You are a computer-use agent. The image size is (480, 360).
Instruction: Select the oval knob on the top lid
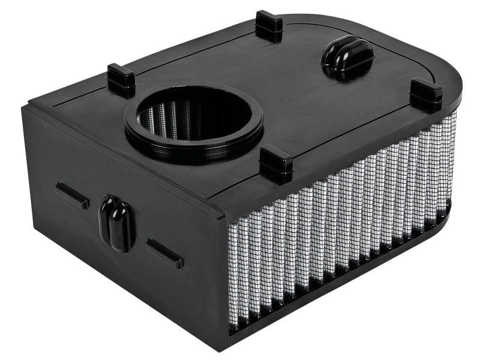coord(347,57)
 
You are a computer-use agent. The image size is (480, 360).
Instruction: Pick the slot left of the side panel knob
coord(72,196)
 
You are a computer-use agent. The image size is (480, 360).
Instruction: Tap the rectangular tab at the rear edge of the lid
coord(269,25)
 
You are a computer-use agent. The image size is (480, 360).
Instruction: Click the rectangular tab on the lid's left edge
coord(121,80)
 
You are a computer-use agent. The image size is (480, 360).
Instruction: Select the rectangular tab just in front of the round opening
coord(276,163)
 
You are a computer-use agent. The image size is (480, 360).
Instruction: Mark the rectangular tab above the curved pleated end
coord(426,94)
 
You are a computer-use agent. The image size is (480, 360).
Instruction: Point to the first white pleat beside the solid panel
coord(235,270)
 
